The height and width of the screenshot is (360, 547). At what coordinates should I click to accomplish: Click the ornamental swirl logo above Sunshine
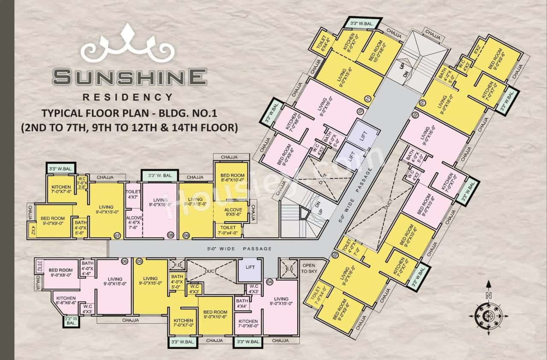point(127,46)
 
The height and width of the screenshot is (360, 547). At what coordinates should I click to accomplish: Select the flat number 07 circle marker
point(118,235)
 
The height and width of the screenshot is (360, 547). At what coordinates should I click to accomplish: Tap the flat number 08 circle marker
point(171,235)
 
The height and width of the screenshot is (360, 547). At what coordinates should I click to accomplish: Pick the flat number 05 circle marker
point(139,261)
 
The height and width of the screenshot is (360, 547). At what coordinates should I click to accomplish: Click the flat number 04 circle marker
point(270,282)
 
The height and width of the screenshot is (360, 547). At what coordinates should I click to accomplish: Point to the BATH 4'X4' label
point(242,304)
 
